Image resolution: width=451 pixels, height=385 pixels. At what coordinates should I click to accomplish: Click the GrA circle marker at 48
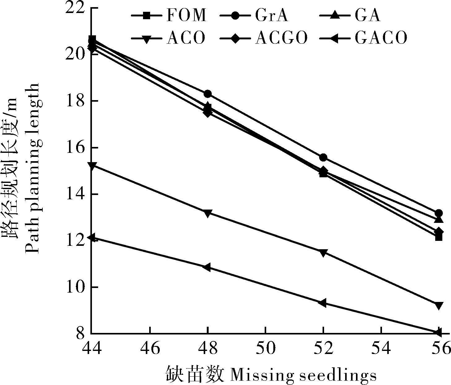[208, 94]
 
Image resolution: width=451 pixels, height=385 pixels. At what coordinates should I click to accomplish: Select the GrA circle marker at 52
[323, 157]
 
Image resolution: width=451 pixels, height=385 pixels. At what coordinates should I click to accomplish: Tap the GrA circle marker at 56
[439, 213]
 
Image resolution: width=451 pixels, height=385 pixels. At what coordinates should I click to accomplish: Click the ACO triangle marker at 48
[208, 213]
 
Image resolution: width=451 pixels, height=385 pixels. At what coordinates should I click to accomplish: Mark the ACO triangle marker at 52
[323, 253]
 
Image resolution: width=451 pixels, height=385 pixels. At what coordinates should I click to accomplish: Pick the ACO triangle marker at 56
[439, 306]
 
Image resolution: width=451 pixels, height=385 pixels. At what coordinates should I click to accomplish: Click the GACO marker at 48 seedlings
[207, 267]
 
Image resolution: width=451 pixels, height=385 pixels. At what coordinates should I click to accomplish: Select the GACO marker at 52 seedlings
[323, 303]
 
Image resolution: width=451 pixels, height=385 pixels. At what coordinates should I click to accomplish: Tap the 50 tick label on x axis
[266, 348]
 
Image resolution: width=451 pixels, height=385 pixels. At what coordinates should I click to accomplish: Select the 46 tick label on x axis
[150, 348]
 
